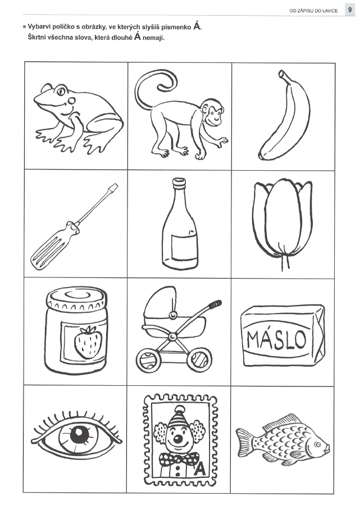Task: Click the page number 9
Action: pyautogui.click(x=349, y=10)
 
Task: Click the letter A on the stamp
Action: pyautogui.click(x=200, y=469)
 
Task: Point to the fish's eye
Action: pyautogui.click(x=318, y=445)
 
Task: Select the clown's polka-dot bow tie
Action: pyautogui.click(x=179, y=459)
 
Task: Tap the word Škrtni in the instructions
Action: pyautogui.click(x=38, y=38)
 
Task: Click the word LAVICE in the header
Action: pyautogui.click(x=330, y=11)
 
